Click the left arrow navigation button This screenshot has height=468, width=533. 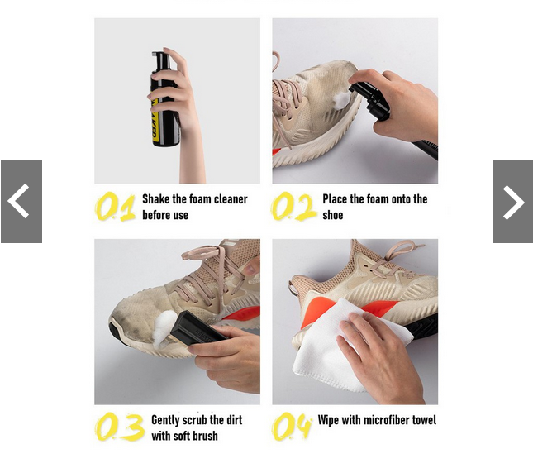[21, 202]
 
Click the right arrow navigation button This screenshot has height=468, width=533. [512, 202]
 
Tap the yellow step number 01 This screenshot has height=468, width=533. [115, 207]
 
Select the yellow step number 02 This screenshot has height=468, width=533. [293, 207]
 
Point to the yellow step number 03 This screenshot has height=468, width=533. [119, 427]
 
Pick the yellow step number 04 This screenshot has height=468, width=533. [292, 426]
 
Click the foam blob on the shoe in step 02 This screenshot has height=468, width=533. [341, 98]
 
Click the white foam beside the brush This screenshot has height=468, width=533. [162, 328]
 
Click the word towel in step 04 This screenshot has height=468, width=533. [424, 420]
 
